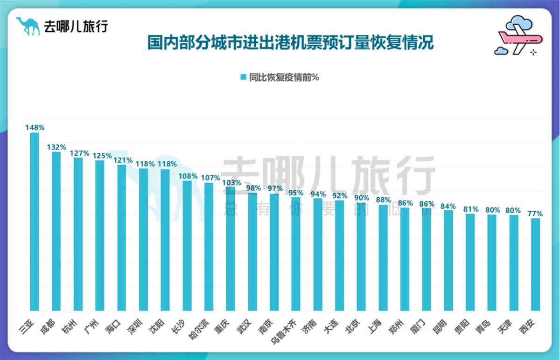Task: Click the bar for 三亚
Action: click(35, 222)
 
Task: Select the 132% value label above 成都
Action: click(56, 147)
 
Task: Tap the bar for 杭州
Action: click(78, 234)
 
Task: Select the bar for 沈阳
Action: click(165, 240)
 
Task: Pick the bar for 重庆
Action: click(231, 249)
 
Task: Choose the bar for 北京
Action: click(361, 256)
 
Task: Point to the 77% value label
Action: click(535, 214)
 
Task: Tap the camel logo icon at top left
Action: click(29, 26)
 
